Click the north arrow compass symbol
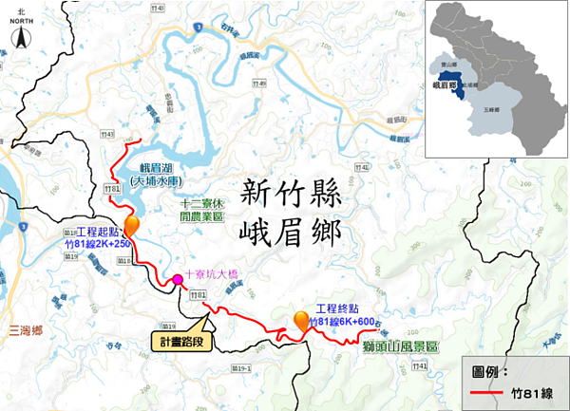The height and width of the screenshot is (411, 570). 20,38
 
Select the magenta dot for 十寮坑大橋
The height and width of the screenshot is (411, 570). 177,279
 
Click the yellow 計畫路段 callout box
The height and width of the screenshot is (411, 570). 181,340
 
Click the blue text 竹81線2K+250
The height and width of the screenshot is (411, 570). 97,244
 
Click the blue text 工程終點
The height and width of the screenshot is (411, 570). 339,309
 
